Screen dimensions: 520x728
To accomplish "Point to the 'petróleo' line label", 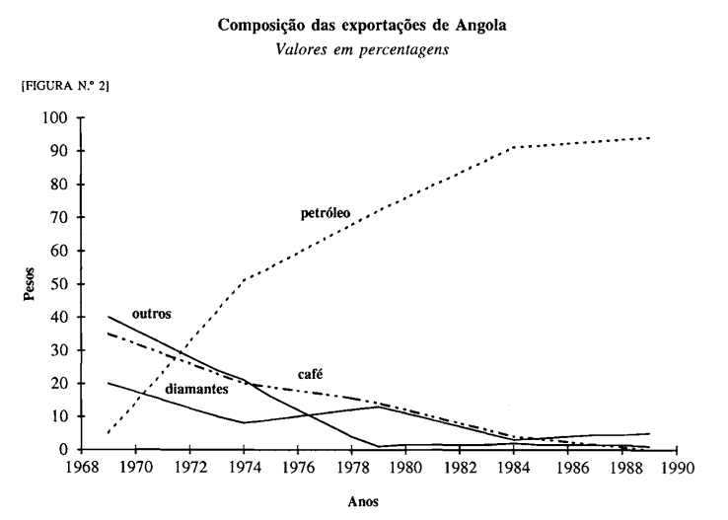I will coord(326,212).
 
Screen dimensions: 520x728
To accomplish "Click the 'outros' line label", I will coord(152,314).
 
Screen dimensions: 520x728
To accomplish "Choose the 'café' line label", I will coord(311,374).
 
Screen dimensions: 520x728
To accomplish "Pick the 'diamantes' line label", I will coord(198,389).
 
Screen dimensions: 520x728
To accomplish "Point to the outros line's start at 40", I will coord(108,317).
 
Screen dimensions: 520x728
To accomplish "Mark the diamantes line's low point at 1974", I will coord(243,422).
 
